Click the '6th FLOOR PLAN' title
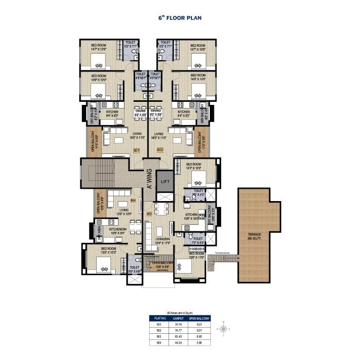coord(179,17)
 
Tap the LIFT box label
coord(165,181)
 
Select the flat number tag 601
coord(136,150)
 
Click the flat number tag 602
coord(159,150)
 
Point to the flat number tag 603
coord(149,213)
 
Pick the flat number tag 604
coord(133,200)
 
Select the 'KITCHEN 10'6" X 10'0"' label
coord(192,217)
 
